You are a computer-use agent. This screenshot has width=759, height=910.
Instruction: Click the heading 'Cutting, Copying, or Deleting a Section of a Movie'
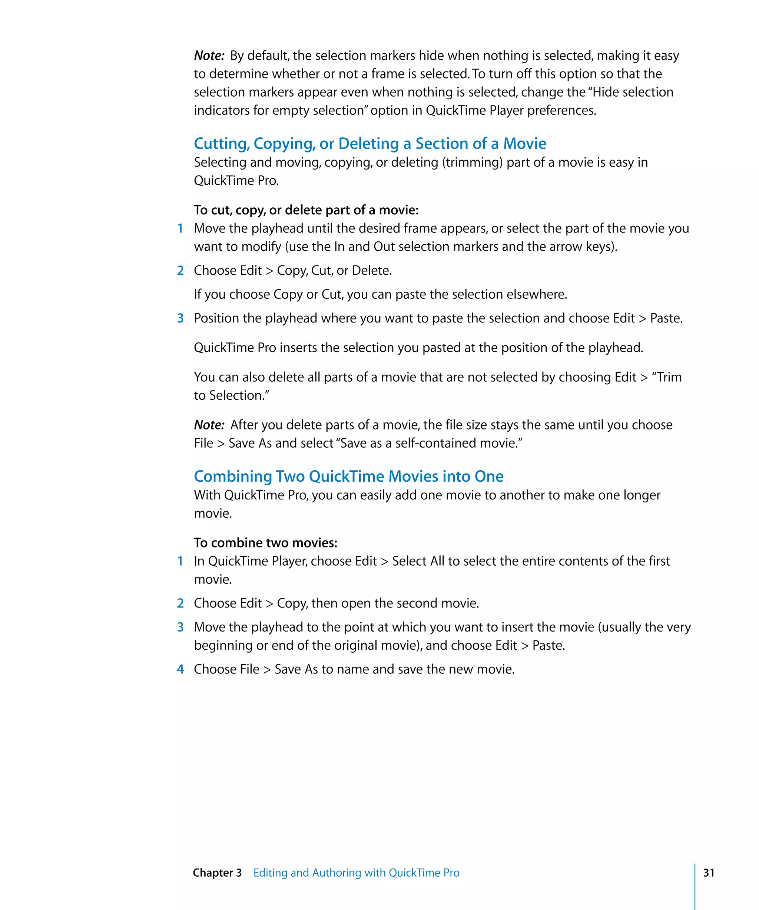coord(369,143)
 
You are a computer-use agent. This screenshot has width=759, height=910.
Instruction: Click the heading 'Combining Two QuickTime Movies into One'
coord(348,476)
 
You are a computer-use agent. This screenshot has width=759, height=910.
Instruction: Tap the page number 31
coord(709,873)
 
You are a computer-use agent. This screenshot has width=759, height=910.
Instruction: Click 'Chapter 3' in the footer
coord(217,873)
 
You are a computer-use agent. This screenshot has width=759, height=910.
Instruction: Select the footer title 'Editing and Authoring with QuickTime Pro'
coord(356,873)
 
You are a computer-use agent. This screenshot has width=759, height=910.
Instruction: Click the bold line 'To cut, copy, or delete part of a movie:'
coord(306,210)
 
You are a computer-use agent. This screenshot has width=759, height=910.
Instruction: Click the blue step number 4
coord(180,669)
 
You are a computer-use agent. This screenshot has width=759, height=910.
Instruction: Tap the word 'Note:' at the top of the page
coord(209,56)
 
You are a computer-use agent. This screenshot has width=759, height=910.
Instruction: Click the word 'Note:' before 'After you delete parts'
coord(209,425)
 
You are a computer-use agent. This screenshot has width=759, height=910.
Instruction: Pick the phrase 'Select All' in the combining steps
coord(418,561)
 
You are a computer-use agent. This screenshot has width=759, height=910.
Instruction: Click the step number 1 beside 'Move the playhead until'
coord(180,228)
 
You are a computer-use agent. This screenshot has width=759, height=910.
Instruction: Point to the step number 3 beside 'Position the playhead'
coord(180,318)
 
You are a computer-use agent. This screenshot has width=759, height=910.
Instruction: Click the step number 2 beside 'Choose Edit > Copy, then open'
coord(180,603)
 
